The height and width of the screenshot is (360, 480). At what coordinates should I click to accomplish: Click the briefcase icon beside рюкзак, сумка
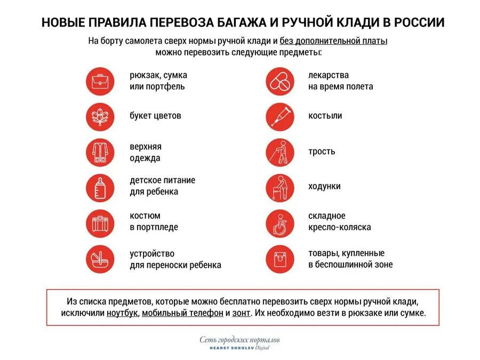pos(100,82)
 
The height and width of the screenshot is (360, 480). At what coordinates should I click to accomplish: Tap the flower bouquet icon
pos(100,117)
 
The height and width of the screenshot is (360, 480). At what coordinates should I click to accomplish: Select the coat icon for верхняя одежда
pos(100,153)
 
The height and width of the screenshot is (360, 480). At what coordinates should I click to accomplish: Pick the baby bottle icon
pos(100,187)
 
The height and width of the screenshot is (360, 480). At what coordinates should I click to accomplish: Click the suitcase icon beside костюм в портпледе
pos(100,222)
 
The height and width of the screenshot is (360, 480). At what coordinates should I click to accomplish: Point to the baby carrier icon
pos(100,259)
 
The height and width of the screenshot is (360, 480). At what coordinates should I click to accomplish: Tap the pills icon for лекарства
pos(280,82)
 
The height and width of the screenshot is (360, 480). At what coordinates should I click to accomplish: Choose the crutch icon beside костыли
pos(280,117)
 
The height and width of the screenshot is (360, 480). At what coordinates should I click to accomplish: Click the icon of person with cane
pos(280,153)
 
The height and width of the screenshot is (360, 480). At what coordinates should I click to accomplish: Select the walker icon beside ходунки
pos(280,187)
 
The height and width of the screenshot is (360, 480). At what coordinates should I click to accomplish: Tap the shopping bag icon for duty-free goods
pos(280,259)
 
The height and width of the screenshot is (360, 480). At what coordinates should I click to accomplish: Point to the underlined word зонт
pos(241,313)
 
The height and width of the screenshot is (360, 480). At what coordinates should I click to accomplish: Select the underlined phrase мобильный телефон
pos(182,313)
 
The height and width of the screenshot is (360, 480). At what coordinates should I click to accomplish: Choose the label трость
pos(322,151)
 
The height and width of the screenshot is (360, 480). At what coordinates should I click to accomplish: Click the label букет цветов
pos(155,116)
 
